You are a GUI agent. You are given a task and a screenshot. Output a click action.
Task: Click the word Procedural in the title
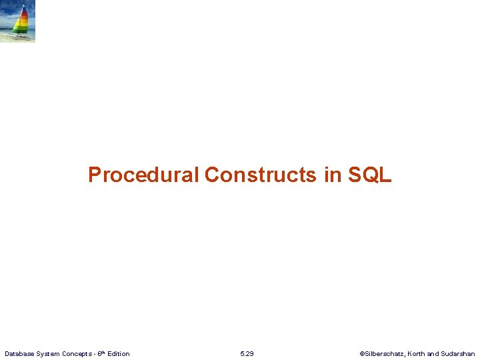[x=143, y=175]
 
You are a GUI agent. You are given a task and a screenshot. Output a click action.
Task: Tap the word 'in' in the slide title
[x=332, y=175]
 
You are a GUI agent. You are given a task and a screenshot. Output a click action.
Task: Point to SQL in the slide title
[x=369, y=175]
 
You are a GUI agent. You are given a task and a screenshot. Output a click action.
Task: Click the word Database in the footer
[x=19, y=353]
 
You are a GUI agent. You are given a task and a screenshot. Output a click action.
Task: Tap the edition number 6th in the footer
[x=101, y=353]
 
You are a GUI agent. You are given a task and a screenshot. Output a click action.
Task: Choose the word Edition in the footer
[x=119, y=353]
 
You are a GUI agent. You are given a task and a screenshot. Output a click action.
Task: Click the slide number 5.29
[x=247, y=353]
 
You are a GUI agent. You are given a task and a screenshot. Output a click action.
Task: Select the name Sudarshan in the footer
[x=459, y=353]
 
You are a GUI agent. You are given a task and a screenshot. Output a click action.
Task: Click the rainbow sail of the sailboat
[x=22, y=20]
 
